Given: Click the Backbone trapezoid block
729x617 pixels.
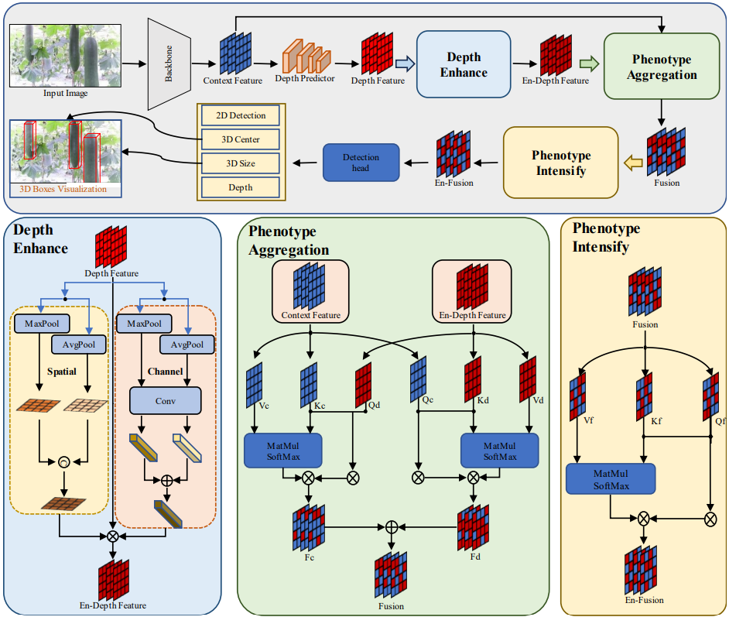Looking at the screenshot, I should point(168,63).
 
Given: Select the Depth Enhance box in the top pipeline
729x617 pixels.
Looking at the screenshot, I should point(464,65).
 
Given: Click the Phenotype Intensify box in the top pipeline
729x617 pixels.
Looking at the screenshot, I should point(560,162).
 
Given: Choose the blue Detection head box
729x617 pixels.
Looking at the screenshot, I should point(361,163).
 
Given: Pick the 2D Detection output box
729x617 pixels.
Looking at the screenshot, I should point(241,115).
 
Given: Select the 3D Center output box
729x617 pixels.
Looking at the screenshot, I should point(241,139).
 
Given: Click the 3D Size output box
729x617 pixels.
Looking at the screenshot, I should point(241,163).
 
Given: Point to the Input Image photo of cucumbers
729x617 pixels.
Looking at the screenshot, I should point(65,56).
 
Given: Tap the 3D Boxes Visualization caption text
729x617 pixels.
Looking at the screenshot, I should point(64,189).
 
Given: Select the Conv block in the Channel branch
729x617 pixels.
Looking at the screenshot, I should point(165,400).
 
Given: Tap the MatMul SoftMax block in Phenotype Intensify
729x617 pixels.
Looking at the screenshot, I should point(611,479).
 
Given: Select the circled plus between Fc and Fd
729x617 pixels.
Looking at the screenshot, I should point(392,526).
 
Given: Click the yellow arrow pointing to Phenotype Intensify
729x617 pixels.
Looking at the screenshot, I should point(633,162).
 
